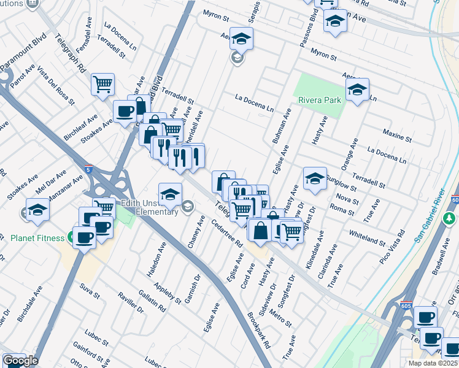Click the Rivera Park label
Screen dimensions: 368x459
[319, 100]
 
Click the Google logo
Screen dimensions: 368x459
[20, 361]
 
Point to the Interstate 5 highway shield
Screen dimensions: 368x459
[89, 171]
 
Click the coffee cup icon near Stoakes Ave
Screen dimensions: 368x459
[125, 111]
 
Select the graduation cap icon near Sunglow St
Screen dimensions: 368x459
[314, 178]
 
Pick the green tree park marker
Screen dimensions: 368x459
[450, 218]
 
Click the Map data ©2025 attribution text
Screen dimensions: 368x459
[433, 363]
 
